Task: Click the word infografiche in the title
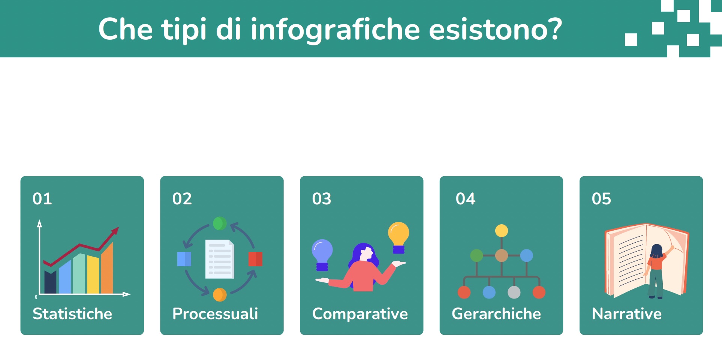pos(335,29)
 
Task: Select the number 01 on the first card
pos(42,199)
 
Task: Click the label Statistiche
pos(72,314)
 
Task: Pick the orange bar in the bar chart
pos(107,269)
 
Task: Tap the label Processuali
pos(215,314)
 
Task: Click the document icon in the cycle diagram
pos(220,259)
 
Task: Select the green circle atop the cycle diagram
pos(220,223)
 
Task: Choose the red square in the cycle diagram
pos(255,259)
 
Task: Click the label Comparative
pos(360,314)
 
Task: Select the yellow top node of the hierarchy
pos(501,231)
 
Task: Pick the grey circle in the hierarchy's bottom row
pos(514,292)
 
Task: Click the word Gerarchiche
pos(496,314)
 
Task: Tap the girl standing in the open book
pos(656,270)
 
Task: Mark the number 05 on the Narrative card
pos(601,199)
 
